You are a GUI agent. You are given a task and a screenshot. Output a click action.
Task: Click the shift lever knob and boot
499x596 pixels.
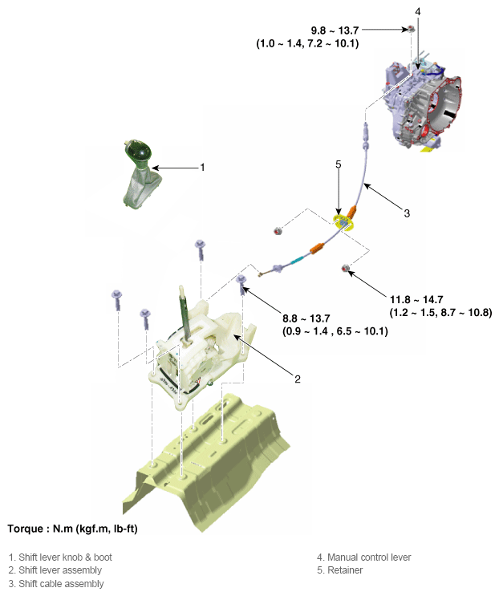coord(140,175)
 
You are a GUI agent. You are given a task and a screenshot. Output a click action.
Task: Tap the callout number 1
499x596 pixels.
coord(202,167)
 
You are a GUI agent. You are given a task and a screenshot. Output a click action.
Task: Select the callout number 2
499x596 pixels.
coord(298,379)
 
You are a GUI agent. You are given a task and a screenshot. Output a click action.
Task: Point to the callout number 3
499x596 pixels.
coord(407,213)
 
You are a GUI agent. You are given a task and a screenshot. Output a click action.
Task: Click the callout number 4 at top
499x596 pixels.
coord(418,12)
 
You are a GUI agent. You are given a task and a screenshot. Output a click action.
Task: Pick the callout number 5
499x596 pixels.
coord(339,164)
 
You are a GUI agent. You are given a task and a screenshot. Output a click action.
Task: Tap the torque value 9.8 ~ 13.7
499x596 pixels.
coord(335,30)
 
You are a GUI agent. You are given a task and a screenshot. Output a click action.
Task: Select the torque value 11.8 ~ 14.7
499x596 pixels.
coord(416,299)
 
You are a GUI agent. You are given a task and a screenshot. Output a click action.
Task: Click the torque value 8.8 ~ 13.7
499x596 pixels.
coord(306,318)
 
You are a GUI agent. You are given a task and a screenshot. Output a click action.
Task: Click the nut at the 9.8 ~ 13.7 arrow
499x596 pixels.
coord(411,29)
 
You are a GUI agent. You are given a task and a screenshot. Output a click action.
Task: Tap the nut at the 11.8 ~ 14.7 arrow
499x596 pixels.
coord(346,268)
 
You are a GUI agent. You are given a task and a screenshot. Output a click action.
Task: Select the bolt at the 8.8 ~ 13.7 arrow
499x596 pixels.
coord(241,284)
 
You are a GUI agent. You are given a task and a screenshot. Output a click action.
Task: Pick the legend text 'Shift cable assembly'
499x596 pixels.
coord(61,583)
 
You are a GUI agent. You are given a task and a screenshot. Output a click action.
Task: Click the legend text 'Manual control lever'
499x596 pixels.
coord(369,557)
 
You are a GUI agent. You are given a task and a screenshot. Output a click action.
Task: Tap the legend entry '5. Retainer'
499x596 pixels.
coord(340,570)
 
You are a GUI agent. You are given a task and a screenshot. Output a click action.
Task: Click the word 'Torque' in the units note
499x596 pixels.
coord(25,529)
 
